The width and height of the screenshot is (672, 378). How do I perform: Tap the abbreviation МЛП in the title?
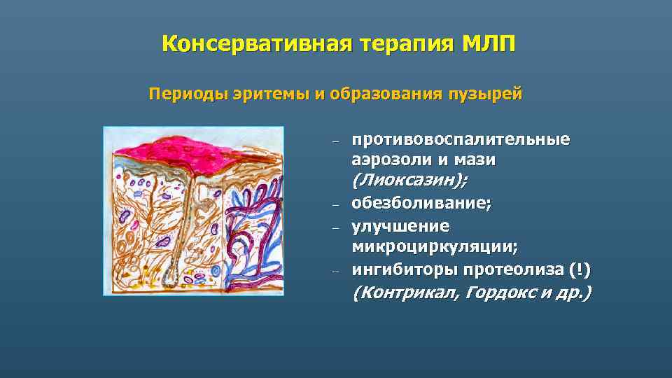click(x=489, y=43)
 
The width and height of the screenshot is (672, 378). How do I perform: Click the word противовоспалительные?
click(x=461, y=139)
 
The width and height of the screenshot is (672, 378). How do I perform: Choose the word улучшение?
click(x=400, y=226)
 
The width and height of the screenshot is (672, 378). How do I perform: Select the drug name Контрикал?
click(x=404, y=292)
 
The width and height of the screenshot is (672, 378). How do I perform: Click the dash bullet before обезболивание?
click(x=335, y=205)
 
